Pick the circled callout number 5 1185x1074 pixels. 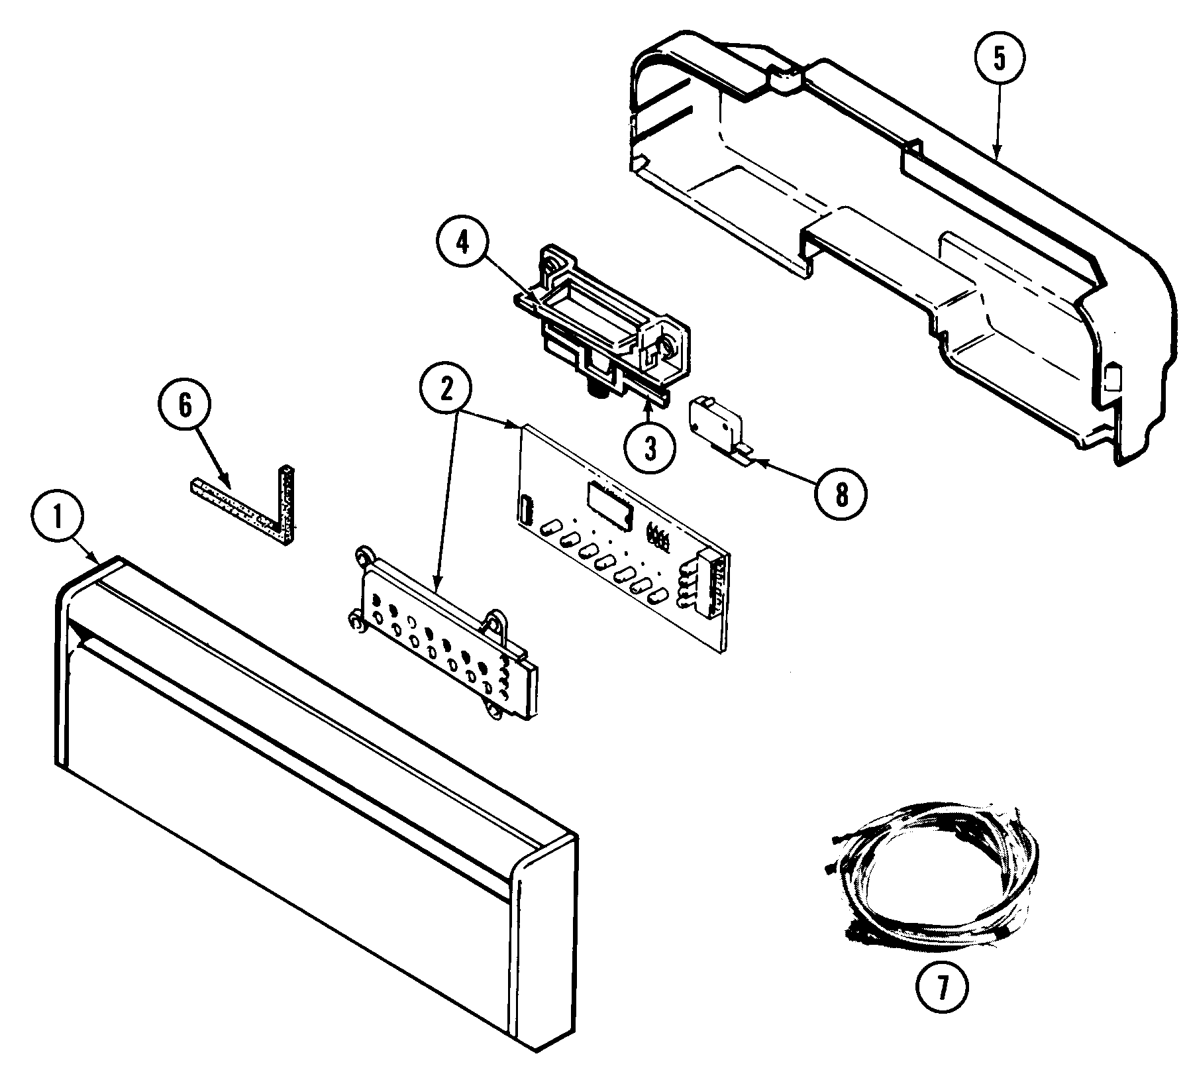coord(999,59)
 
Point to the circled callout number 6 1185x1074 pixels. coord(185,405)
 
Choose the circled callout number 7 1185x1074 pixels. coord(942,989)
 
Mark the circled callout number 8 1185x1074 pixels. coord(841,494)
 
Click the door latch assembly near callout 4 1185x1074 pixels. coord(603,318)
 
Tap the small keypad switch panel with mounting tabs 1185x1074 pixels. coord(444,636)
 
